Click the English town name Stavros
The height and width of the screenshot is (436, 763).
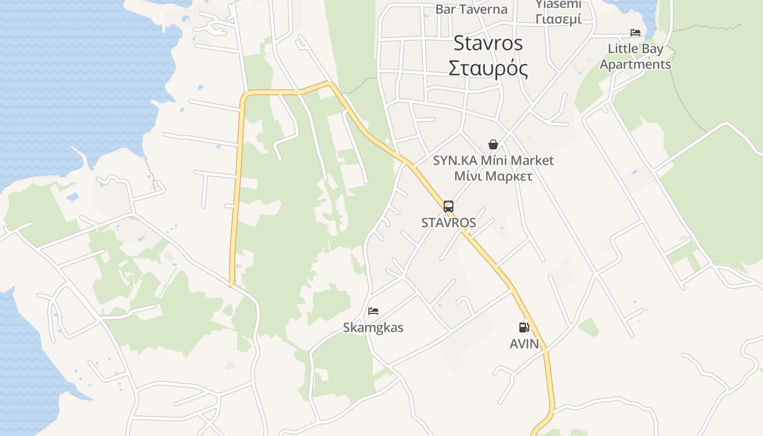[488, 43]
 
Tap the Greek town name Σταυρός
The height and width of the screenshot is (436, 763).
[488, 69]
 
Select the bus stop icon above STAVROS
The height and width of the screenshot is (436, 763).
[449, 207]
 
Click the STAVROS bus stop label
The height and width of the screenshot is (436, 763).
[449, 222]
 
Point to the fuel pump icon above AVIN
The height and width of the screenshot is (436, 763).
[524, 328]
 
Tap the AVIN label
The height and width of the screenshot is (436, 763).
[524, 344]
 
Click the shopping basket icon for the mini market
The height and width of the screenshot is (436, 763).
[493, 144]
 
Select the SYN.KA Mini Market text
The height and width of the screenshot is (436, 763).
[493, 160]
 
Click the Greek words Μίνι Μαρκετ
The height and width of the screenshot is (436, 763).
[493, 176]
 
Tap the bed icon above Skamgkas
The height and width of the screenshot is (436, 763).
[373, 311]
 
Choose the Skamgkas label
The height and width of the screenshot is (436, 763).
[373, 328]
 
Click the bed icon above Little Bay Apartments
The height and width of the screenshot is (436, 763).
[635, 33]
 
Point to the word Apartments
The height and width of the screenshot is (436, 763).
[635, 64]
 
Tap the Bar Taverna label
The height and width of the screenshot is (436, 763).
[471, 9]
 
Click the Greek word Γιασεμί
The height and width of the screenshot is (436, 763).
[558, 19]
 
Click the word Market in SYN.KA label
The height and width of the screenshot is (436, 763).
[532, 160]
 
